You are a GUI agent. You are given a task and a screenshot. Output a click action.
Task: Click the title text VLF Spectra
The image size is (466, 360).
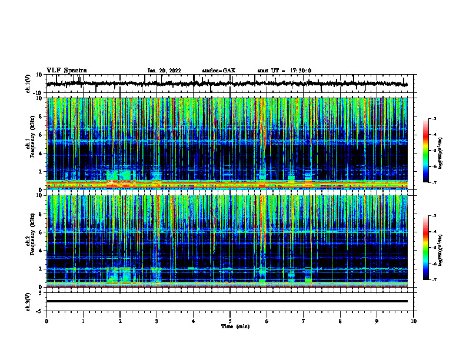coord(66,70)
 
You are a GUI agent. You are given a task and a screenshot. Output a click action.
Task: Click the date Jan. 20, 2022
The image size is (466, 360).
coord(164,71)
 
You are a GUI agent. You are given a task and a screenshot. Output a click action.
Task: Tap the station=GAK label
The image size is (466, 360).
coord(218,71)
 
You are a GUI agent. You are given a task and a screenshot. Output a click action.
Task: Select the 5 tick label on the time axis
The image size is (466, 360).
coord(230,321)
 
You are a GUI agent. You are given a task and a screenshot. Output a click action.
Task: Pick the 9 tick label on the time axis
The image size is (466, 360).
coord(377,321)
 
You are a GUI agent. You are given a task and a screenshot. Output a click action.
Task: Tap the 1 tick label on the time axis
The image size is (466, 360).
coord(83,321)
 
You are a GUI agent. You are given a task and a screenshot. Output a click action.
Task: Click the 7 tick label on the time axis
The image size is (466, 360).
coord(304,321)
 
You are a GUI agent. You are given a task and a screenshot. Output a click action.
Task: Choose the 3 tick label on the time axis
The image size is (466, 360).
coord(157,321)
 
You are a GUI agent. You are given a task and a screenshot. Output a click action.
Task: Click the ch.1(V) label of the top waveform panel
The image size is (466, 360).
coord(28,84)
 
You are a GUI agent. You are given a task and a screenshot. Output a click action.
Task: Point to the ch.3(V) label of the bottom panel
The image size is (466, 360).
coord(28,301)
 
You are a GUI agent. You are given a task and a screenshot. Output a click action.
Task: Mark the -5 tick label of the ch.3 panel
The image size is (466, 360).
coord(41,311)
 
